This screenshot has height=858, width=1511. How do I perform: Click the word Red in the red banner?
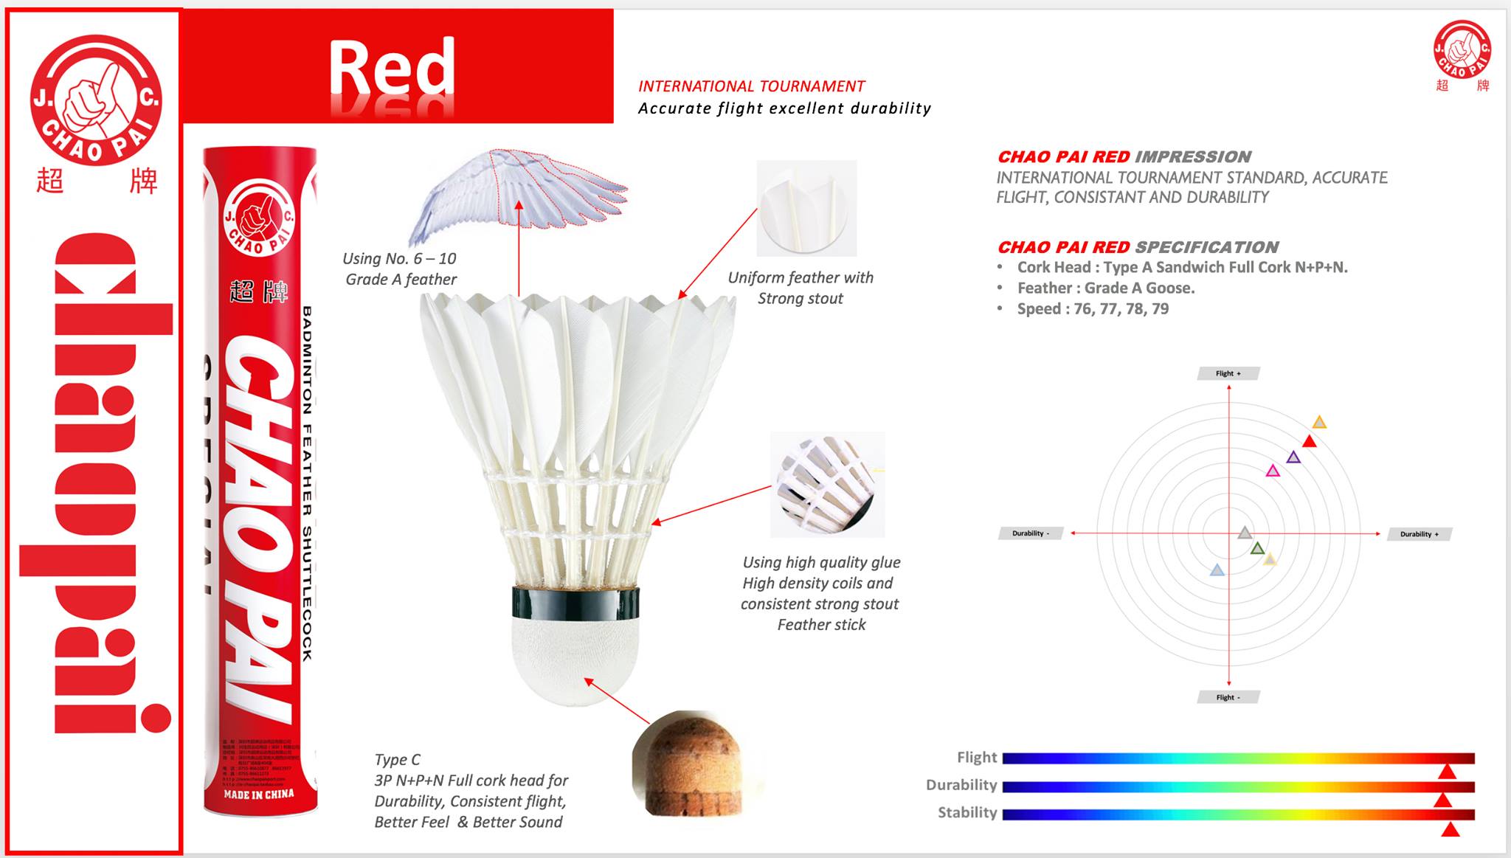click(391, 68)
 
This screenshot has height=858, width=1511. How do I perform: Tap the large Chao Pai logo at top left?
click(96, 100)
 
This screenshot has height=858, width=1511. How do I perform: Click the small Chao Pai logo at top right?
click(1462, 49)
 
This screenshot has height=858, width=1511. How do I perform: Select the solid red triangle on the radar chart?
click(1310, 442)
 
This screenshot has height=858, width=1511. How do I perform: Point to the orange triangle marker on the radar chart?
click(1319, 423)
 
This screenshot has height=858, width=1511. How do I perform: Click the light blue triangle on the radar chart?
click(1217, 570)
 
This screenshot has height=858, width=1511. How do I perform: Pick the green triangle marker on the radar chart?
click(1257, 548)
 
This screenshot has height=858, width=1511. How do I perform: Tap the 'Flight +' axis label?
click(1228, 373)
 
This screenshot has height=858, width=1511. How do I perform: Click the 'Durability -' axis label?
click(1030, 533)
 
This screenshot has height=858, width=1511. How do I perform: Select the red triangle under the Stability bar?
click(1450, 830)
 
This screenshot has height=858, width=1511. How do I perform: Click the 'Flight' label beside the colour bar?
click(976, 757)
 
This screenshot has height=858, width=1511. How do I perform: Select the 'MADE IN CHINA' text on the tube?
click(259, 794)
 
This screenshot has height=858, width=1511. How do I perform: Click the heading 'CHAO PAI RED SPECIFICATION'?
click(1138, 247)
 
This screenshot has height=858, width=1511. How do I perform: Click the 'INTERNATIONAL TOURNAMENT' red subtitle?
click(751, 86)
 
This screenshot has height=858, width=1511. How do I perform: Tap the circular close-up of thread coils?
click(826, 484)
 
